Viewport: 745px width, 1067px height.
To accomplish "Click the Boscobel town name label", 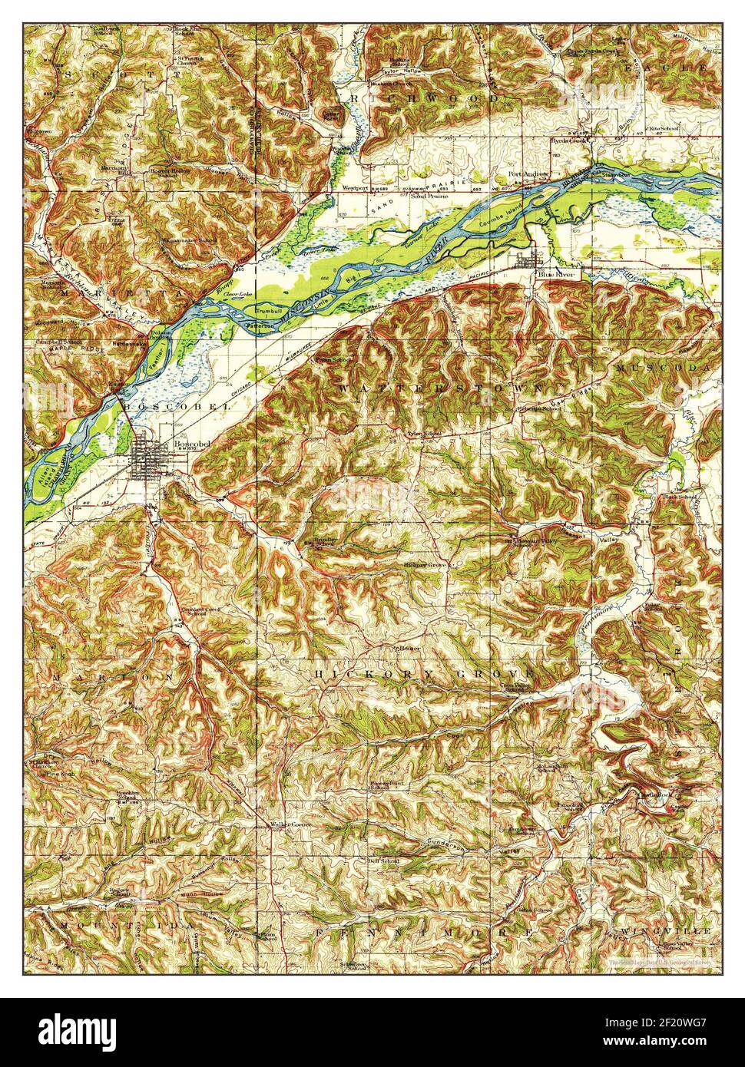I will tap(187, 444).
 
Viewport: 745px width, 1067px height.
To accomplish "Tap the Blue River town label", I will tap(557, 273).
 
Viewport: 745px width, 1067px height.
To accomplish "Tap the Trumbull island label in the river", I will tap(270, 311).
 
